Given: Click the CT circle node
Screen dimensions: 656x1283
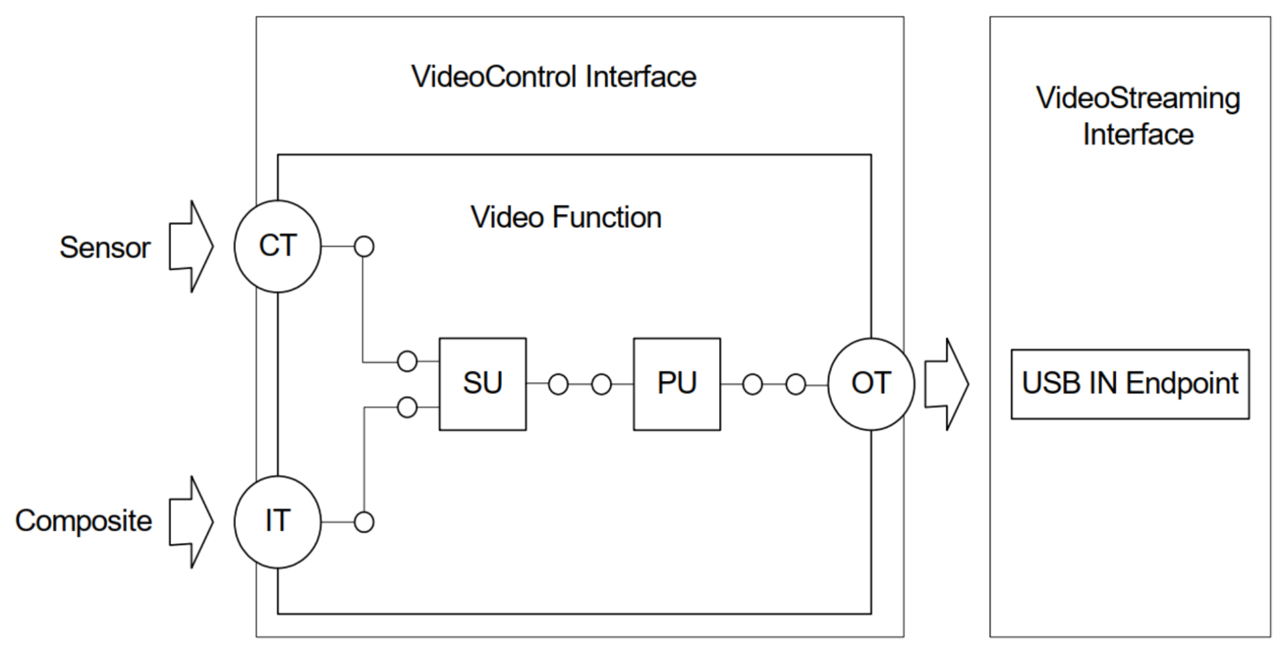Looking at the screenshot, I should [x=277, y=246].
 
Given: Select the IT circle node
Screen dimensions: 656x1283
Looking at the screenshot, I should [x=277, y=522].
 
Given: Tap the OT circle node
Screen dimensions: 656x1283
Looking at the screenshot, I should [x=871, y=384].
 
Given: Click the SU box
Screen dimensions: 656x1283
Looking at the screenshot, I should [x=482, y=384].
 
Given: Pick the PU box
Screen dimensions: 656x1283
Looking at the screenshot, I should [x=677, y=384].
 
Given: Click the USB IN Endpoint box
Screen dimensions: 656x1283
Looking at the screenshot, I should [x=1130, y=384].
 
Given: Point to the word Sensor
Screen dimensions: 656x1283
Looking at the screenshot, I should [x=105, y=248].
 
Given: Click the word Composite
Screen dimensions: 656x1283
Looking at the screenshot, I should [x=84, y=522].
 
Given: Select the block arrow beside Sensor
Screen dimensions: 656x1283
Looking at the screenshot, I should [x=191, y=247].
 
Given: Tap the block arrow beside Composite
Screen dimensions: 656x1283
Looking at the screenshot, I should [x=191, y=522].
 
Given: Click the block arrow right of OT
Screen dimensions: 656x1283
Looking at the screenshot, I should [x=946, y=384].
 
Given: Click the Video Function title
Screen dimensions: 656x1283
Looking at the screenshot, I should [x=566, y=218].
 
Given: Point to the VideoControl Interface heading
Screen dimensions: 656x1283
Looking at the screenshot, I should [x=553, y=77].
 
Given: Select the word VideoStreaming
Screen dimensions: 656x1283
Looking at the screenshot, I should [x=1138, y=98].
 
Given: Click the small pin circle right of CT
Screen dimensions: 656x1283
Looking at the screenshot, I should [x=364, y=247].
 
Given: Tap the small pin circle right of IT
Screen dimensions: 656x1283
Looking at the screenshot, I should [x=364, y=522].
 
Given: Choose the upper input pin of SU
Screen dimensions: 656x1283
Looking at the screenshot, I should [x=407, y=361].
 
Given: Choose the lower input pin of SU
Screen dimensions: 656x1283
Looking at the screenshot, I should [x=407, y=407].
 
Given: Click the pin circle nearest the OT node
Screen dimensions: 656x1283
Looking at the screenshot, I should [x=795, y=384].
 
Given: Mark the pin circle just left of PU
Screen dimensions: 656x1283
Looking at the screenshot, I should [x=601, y=384].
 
